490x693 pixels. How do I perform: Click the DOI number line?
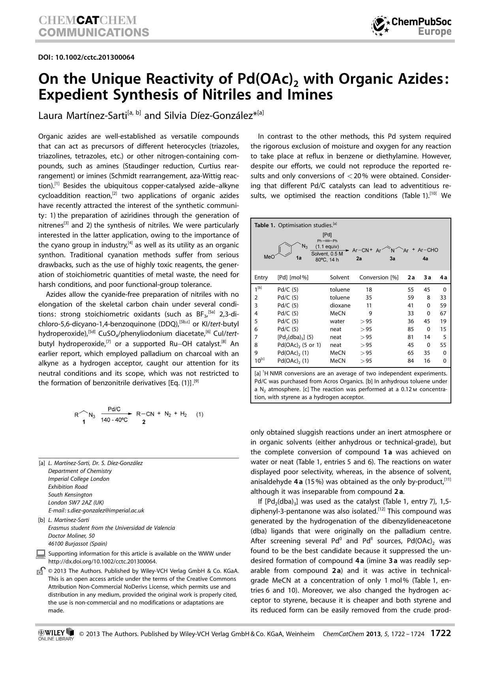(86, 57)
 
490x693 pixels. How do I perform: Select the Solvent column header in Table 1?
(339, 277)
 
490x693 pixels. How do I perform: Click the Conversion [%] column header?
(378, 277)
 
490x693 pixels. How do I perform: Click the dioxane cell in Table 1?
(340, 305)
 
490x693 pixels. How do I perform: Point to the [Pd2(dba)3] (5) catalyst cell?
(295, 337)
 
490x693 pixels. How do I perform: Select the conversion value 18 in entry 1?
(369, 290)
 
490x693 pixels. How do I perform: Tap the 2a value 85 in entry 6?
(410, 329)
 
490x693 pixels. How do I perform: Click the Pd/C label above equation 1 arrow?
(114, 409)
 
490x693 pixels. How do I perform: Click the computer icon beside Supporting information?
(41, 554)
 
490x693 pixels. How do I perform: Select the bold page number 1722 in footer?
(440, 633)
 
